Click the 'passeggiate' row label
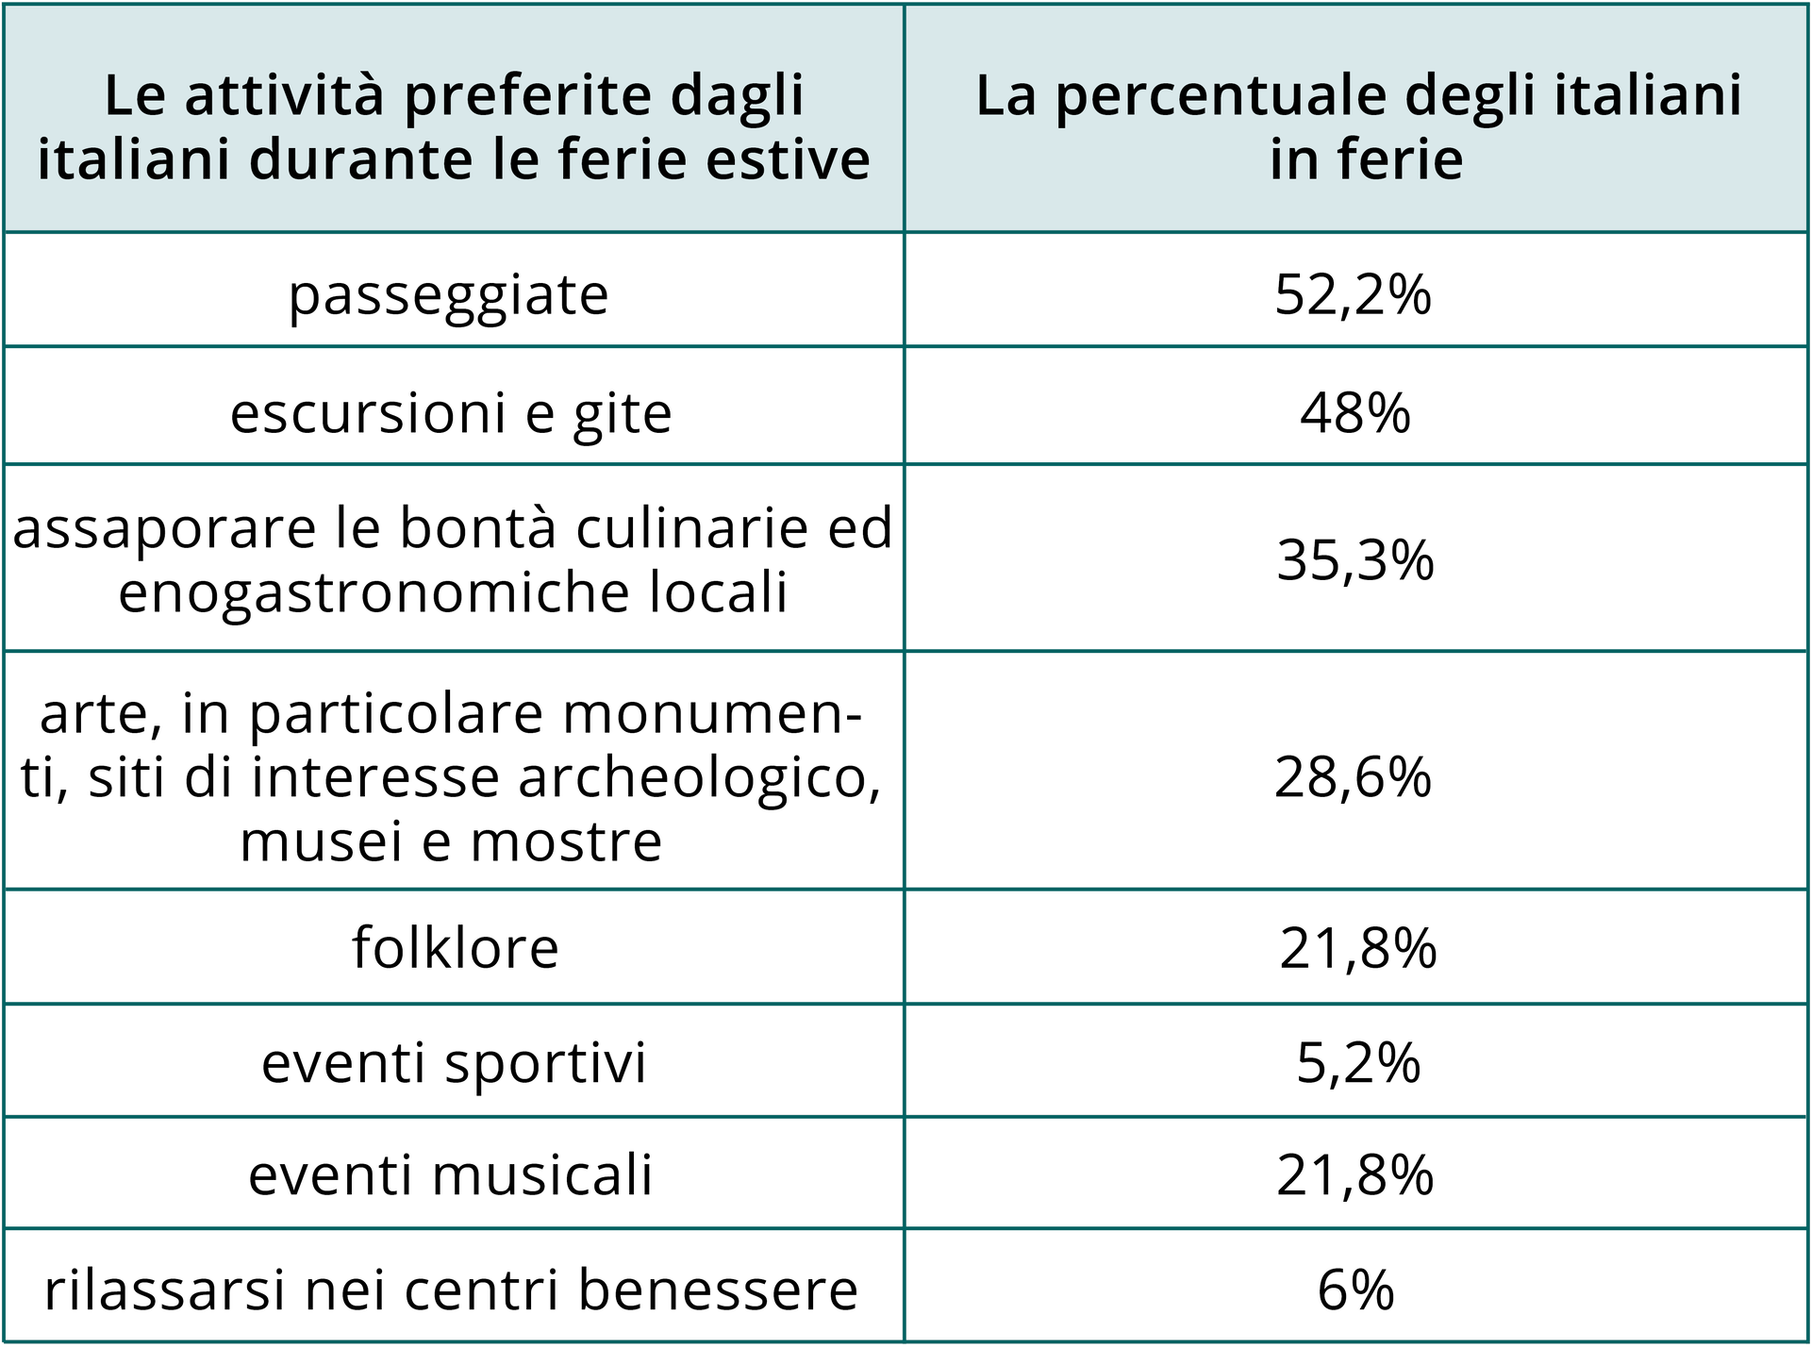tap(449, 296)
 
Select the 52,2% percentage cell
tap(1353, 294)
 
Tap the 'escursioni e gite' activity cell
tap(451, 413)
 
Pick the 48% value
tap(1354, 413)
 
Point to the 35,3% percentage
tap(1354, 560)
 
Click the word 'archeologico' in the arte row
tap(699, 778)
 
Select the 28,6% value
tap(1353, 778)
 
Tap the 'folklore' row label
tap(455, 947)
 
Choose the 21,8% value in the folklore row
tap(1357, 948)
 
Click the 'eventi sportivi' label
tap(454, 1062)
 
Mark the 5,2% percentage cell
tap(1357, 1063)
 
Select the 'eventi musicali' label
tap(450, 1175)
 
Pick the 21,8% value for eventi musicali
tap(1354, 1175)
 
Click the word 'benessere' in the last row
tap(717, 1290)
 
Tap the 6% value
tap(1354, 1290)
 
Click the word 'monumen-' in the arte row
tap(712, 714)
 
